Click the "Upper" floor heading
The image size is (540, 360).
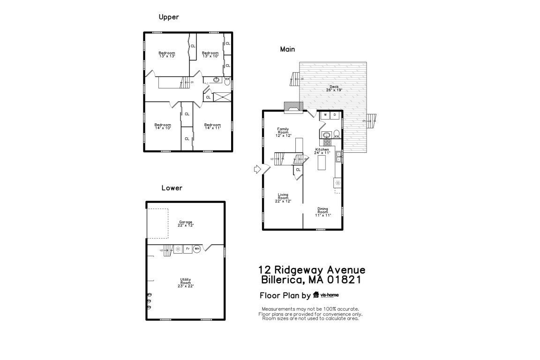(x=169, y=17)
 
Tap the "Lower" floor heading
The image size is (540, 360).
(x=172, y=188)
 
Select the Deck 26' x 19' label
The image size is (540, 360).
(x=334, y=88)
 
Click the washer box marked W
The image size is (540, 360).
(x=325, y=115)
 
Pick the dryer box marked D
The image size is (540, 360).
(x=335, y=115)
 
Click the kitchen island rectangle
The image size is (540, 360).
(x=322, y=163)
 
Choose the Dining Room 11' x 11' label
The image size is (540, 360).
(x=322, y=212)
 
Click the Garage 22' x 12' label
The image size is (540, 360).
(x=186, y=224)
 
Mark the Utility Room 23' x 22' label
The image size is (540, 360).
(x=186, y=282)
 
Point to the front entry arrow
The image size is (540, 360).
(x=257, y=169)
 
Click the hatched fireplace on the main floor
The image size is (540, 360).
(x=293, y=107)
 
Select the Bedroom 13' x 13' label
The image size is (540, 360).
(x=166, y=54)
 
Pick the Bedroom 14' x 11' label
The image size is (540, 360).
(x=212, y=126)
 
